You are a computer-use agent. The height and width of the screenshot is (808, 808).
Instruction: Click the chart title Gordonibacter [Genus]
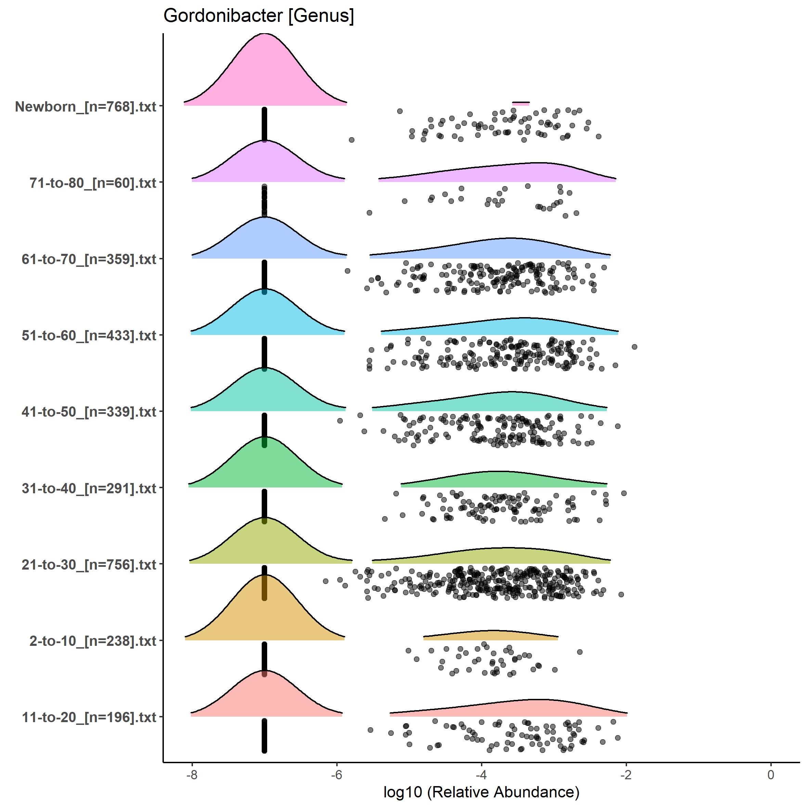pos(259,16)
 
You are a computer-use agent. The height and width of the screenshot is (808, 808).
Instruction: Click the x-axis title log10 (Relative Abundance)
pos(481,792)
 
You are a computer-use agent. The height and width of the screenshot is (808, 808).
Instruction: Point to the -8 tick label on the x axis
pos(192,774)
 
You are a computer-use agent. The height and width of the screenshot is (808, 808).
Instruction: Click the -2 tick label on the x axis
pos(626,774)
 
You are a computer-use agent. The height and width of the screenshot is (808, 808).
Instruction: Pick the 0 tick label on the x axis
pos(771,774)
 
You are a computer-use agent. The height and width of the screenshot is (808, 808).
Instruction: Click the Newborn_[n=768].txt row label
pos(86,107)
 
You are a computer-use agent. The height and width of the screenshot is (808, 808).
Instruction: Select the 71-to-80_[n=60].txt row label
pos(93,183)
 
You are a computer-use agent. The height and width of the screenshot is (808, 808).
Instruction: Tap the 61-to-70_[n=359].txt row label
pos(89,259)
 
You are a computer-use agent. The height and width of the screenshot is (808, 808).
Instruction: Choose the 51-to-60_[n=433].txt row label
pos(89,335)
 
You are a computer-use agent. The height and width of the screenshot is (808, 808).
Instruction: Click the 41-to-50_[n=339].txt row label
pos(89,412)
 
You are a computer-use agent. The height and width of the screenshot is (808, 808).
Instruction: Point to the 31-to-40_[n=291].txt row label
pos(89,488)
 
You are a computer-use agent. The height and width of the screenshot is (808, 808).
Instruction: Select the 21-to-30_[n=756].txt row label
pos(89,564)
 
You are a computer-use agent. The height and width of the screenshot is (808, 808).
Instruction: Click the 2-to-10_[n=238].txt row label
pos(93,641)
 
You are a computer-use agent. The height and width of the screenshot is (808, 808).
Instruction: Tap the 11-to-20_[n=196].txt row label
pos(89,718)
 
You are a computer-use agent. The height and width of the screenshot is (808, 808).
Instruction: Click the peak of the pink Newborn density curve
pos(265,34)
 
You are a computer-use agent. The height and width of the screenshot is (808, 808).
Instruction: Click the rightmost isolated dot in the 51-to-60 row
pos(635,347)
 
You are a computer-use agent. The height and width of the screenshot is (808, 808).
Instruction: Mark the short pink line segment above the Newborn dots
pos(521,103)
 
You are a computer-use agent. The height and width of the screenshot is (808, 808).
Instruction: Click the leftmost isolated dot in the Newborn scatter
pos(351,140)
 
